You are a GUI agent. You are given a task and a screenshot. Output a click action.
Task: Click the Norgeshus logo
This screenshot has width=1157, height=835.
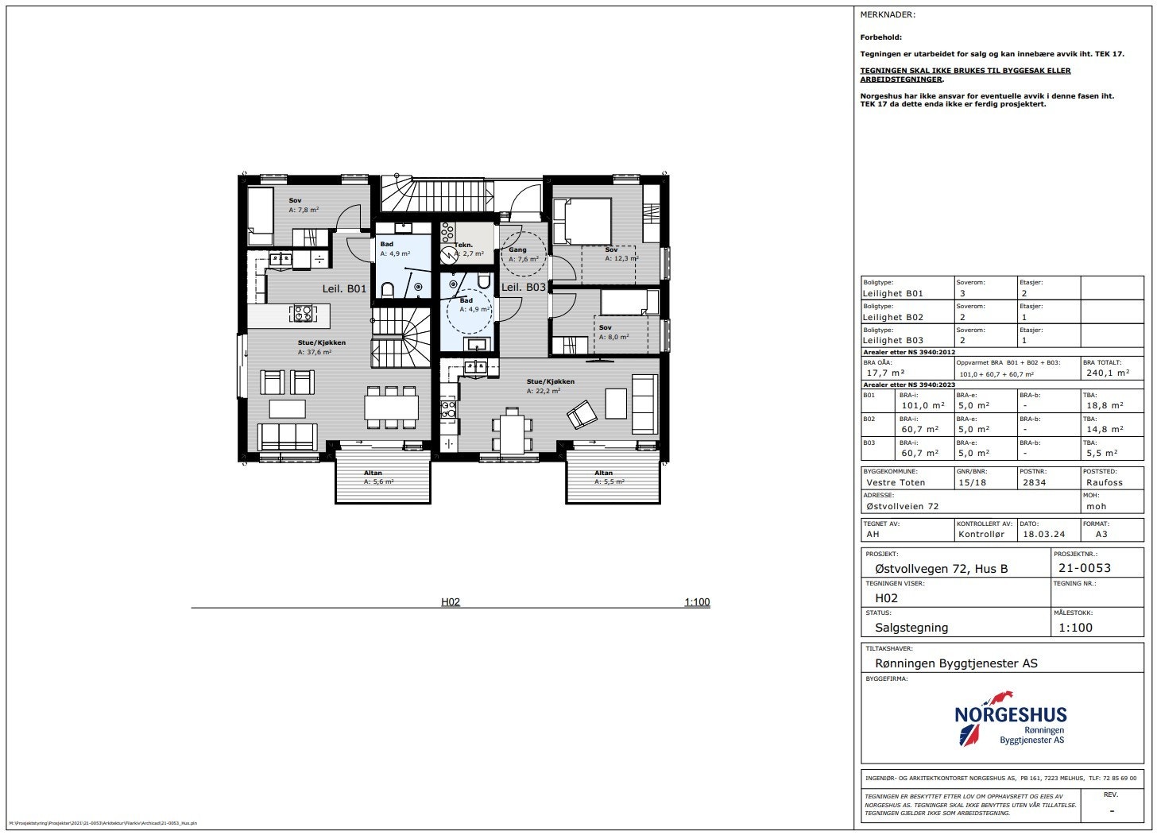click(1010, 718)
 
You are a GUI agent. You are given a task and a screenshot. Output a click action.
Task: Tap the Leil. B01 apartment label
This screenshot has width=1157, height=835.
click(344, 288)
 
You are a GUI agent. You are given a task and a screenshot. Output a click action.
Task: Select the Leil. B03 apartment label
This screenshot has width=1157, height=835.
click(524, 287)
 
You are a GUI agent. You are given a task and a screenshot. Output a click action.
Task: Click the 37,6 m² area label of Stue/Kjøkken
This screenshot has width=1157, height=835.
click(315, 352)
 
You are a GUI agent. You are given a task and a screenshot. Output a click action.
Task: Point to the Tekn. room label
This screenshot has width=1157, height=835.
click(464, 245)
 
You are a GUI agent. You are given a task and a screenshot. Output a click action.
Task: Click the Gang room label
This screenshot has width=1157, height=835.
click(517, 249)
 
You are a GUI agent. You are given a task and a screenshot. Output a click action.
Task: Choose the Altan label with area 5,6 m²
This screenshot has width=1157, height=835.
click(378, 477)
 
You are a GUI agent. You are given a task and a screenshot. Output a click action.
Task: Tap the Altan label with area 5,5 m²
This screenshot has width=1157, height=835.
click(609, 477)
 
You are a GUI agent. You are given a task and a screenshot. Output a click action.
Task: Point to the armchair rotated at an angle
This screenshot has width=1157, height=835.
click(582, 413)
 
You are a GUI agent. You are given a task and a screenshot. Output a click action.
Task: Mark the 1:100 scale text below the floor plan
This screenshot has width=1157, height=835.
click(697, 602)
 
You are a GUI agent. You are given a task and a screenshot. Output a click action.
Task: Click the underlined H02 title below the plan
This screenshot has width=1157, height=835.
click(451, 602)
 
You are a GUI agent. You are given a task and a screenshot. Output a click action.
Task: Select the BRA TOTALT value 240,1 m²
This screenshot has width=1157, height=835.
click(1107, 373)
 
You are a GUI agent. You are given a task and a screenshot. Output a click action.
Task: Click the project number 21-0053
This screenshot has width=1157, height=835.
click(1085, 568)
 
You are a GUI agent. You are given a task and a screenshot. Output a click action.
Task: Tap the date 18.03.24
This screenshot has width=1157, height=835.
click(1043, 534)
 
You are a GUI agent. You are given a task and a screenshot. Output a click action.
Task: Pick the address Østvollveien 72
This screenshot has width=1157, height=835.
click(902, 506)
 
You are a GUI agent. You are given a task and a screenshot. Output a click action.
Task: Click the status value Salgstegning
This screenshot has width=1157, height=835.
click(911, 628)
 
